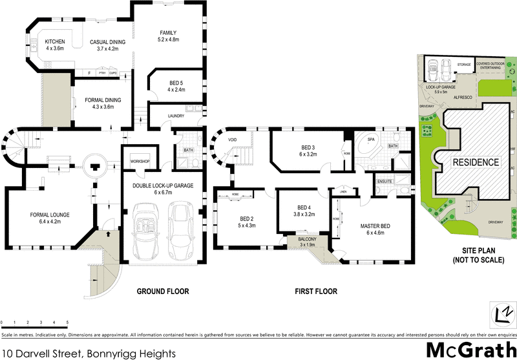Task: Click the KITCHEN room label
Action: [55, 41]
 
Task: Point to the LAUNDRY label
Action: [176, 116]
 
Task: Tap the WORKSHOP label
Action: [140, 161]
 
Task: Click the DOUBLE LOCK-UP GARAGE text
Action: [164, 185]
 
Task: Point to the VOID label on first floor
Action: [233, 137]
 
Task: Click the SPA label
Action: [371, 139]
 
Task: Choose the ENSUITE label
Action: [386, 182]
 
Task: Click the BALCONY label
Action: [306, 240]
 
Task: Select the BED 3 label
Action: [308, 147]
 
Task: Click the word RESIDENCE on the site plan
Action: [475, 162]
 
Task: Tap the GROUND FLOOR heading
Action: [163, 291]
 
